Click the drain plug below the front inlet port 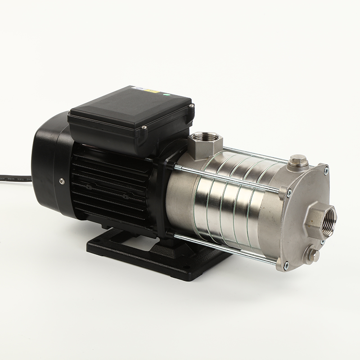click(312, 255)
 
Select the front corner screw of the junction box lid click(144, 128)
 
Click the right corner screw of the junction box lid click(192, 106)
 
